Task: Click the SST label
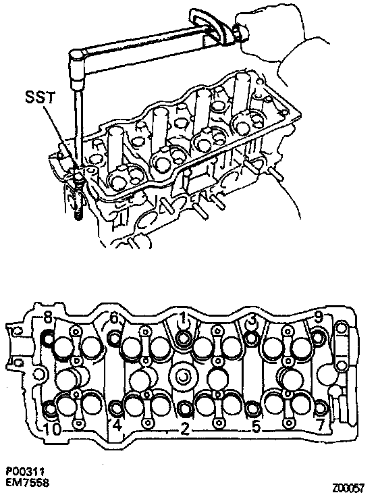coord(40,97)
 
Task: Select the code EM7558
coord(28,483)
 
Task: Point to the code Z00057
coord(348,487)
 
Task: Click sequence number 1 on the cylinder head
coord(183,317)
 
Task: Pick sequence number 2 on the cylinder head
coord(185,429)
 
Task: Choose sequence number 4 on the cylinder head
coord(117,425)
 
